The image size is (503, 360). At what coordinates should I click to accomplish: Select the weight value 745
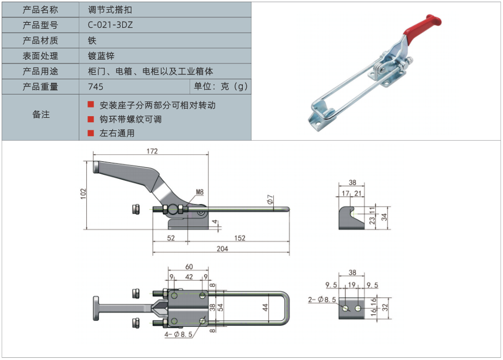(x=95, y=87)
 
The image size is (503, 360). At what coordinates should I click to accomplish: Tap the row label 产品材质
(x=40, y=41)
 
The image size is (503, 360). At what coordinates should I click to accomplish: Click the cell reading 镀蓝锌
(x=101, y=56)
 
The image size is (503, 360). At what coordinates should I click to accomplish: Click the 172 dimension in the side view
(x=152, y=151)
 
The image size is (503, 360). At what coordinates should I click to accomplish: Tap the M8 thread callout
(x=199, y=192)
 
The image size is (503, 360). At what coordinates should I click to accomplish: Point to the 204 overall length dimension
(x=222, y=249)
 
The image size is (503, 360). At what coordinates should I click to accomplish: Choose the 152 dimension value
(x=240, y=237)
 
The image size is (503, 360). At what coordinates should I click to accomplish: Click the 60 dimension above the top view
(x=188, y=267)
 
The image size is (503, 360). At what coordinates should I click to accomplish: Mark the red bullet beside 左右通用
(x=91, y=132)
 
